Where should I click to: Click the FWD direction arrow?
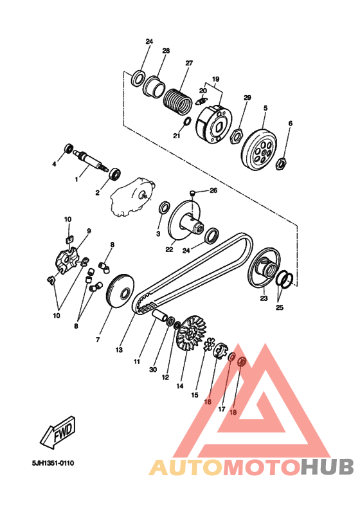59,433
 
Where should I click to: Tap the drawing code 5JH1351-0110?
53,463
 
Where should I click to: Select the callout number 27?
189,63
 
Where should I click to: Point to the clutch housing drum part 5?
259,149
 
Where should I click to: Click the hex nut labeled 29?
237,136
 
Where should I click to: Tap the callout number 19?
216,79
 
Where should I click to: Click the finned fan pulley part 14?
192,334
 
